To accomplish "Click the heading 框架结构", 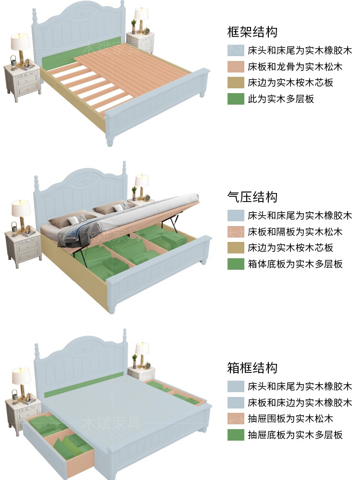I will point(252,32).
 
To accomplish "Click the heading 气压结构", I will point(252,197).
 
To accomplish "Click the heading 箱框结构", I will point(252,368).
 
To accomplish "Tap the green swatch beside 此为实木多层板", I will point(236,99).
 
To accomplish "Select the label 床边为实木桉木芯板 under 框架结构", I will point(290,83).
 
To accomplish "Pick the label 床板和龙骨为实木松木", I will point(295,66).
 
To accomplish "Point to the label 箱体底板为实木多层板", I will point(295,264).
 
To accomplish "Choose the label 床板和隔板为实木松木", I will point(295,231).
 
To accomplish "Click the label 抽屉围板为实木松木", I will point(290,418).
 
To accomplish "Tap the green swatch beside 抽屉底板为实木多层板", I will point(236,435).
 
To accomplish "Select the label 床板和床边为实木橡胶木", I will point(300,402).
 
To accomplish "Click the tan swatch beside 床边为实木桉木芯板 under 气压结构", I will point(236,248).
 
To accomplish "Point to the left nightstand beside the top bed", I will point(22,82).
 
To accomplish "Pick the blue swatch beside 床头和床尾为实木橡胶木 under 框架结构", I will point(236,50).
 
